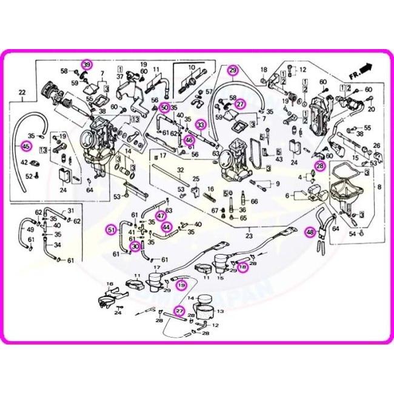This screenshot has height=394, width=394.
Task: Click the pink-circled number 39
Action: (87, 65)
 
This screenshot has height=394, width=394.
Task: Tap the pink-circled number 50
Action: (164, 107)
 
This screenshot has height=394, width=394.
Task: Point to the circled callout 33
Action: (201, 125)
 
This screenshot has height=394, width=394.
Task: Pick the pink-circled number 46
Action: (189, 140)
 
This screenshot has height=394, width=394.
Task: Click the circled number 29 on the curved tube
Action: (233, 71)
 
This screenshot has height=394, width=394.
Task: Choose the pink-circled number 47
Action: (161, 215)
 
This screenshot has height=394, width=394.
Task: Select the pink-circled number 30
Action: (135, 246)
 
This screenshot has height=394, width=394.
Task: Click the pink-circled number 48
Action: (310, 232)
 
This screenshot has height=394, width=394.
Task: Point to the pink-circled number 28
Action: (319, 165)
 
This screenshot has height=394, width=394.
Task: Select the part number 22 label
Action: (23, 93)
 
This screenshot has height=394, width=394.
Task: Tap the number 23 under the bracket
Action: (249, 237)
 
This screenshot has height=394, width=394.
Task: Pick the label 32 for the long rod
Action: (180, 170)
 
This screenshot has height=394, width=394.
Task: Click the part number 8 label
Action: (380, 188)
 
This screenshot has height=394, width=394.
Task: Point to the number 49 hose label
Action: (30, 230)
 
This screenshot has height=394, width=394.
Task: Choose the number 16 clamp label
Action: (110, 284)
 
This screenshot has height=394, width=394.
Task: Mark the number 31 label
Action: (70, 210)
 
